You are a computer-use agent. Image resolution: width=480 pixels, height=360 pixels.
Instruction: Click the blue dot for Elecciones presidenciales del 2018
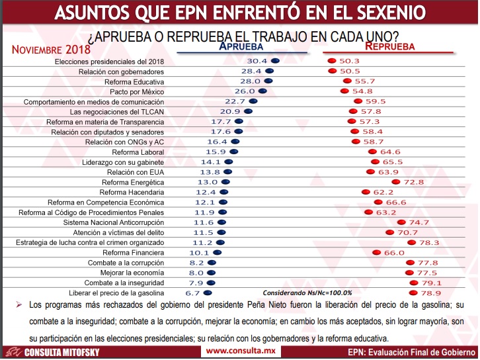click(x=275, y=61)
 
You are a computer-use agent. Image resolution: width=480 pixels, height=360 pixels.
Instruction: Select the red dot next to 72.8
click(x=396, y=182)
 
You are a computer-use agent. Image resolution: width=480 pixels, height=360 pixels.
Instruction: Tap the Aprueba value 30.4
click(x=257, y=61)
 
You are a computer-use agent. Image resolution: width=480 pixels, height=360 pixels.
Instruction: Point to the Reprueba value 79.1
click(x=431, y=283)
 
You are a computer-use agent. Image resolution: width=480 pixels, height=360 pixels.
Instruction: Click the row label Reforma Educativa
click(x=134, y=82)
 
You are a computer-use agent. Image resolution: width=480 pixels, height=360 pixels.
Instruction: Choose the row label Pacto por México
click(x=137, y=92)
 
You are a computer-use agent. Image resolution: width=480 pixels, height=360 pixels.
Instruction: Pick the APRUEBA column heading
click(x=241, y=46)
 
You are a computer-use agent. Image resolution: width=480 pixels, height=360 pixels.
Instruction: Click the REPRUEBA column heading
click(x=389, y=46)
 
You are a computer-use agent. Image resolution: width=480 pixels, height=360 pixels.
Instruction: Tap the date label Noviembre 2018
click(x=51, y=50)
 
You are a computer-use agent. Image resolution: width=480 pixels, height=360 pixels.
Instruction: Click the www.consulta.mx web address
click(x=241, y=351)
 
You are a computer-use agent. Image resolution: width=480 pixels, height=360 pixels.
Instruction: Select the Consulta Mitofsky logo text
click(x=62, y=352)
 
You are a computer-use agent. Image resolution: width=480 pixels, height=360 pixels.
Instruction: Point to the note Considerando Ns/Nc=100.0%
click(x=307, y=293)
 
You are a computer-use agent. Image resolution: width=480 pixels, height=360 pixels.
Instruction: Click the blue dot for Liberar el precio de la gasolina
click(x=208, y=293)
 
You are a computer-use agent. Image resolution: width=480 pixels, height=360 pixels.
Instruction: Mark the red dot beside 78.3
click(x=411, y=242)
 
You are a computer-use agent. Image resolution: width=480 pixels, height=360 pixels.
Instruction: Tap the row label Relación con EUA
click(x=136, y=172)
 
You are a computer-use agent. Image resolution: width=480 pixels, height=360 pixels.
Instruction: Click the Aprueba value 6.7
click(x=192, y=293)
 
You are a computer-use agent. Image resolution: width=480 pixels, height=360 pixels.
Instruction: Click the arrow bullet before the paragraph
click(x=19, y=304)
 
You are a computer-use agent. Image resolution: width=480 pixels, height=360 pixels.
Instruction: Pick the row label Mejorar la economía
click(x=132, y=273)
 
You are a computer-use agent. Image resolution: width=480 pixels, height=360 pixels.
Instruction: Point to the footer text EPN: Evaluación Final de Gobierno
click(x=412, y=352)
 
